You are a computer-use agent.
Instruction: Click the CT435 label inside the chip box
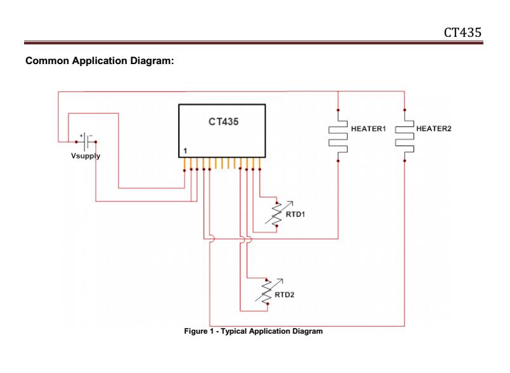click(x=224, y=121)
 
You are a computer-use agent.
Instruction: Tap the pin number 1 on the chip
click(x=185, y=151)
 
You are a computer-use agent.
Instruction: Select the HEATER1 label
click(x=368, y=129)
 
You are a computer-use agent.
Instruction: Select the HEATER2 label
click(x=434, y=129)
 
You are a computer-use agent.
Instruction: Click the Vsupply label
click(x=85, y=155)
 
